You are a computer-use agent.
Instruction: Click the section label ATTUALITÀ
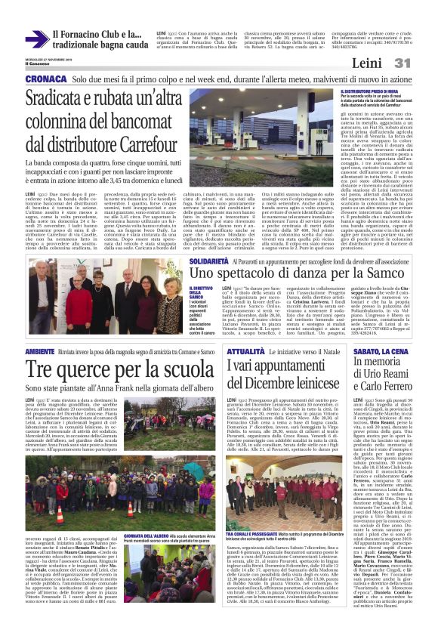coord(245,352)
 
